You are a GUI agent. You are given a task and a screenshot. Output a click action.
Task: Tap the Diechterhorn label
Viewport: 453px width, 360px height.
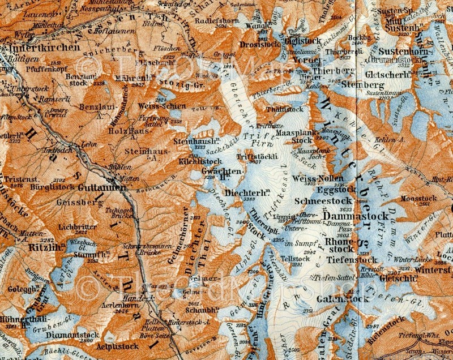(247, 192)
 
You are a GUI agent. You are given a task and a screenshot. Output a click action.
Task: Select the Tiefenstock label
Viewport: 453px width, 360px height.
(353, 260)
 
